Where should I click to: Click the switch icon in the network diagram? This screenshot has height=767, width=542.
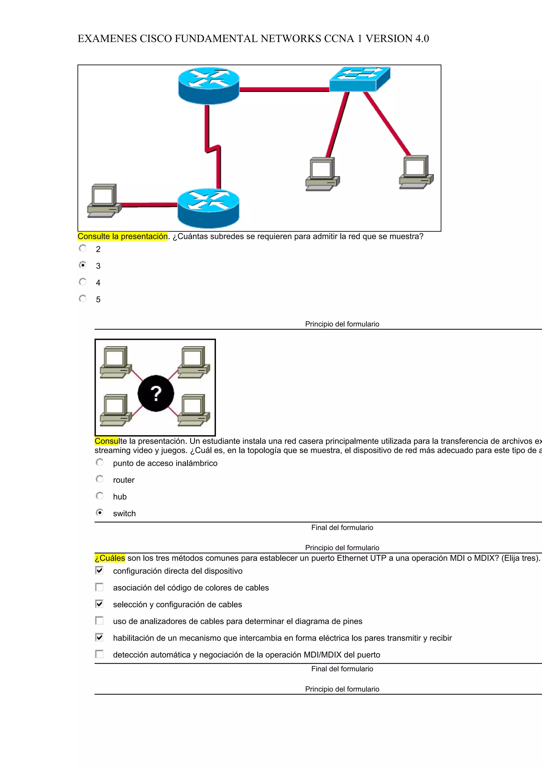[359, 79]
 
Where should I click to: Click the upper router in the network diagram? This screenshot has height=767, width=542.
[209, 85]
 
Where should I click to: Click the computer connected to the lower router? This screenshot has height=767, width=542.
[104, 200]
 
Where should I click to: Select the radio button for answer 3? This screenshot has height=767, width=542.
[83, 265]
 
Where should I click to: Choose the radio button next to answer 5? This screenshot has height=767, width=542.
[83, 299]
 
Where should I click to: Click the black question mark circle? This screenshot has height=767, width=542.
[156, 393]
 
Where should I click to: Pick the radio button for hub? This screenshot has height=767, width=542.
[100, 496]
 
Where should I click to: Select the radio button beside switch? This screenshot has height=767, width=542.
[100, 513]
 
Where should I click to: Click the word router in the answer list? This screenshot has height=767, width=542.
[124, 480]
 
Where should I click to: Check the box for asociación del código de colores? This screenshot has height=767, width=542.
[100, 587]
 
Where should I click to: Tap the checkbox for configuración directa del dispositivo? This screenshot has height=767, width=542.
[100, 570]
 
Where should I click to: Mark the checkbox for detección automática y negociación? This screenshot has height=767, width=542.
[100, 654]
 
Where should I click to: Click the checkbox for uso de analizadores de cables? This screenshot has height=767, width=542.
[100, 621]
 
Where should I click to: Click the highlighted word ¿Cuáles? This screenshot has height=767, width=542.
[110, 558]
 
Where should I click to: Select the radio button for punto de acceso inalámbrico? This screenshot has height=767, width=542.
[100, 463]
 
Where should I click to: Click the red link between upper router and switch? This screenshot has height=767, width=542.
[284, 89]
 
